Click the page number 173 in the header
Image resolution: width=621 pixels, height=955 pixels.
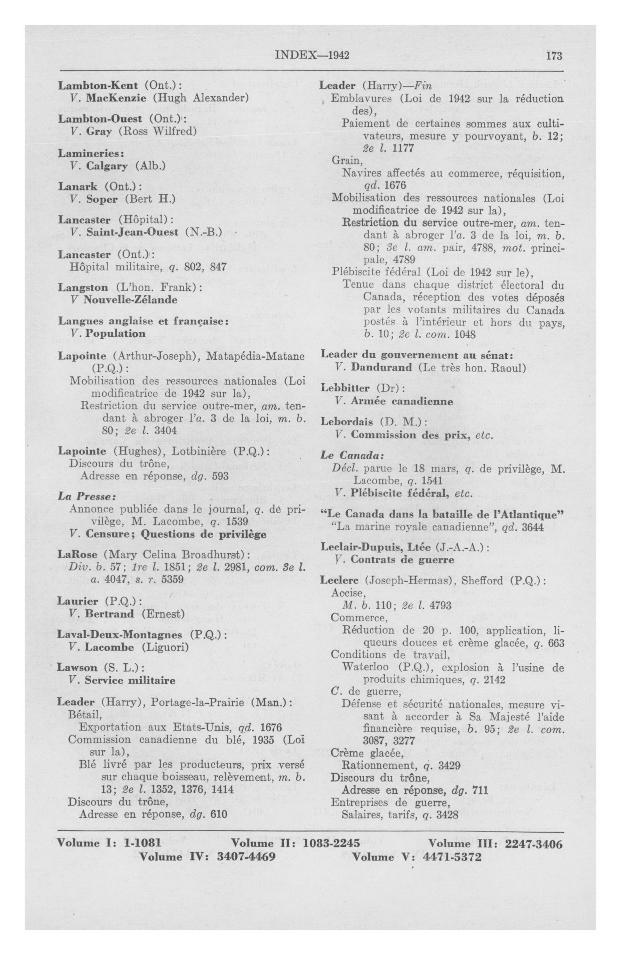click(x=554, y=56)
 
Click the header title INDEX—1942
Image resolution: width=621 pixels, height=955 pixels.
click(x=312, y=56)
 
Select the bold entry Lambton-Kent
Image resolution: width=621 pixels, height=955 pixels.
click(x=98, y=85)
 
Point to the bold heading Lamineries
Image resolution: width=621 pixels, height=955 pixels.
click(x=91, y=153)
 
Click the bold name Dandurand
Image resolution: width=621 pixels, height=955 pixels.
click(x=381, y=367)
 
